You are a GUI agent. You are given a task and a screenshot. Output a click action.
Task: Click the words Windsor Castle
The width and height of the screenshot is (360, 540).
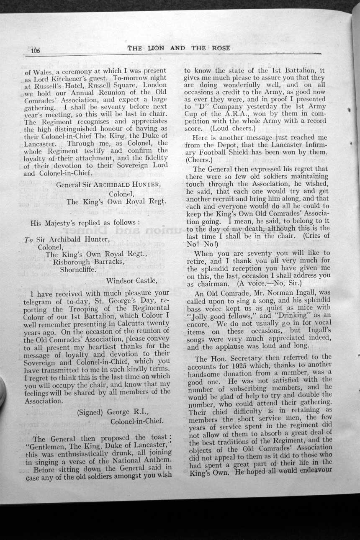[x=132, y=280]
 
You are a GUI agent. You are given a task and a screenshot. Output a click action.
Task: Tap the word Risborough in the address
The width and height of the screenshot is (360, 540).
[x=72, y=262]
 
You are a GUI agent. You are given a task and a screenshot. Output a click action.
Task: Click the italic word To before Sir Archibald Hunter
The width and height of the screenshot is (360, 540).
[x=28, y=240]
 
